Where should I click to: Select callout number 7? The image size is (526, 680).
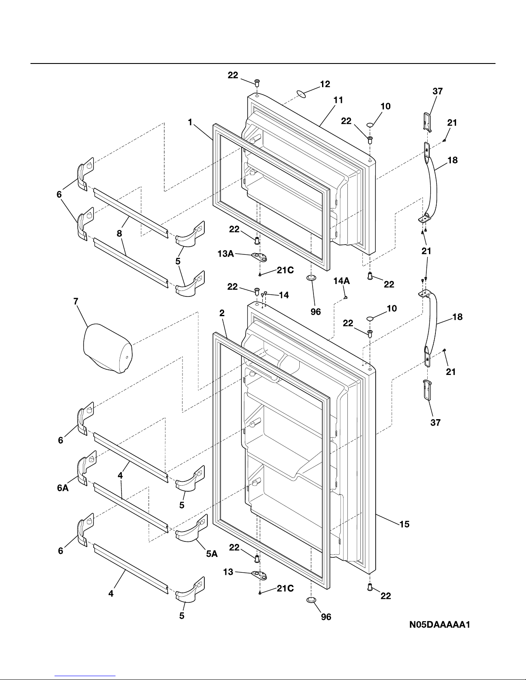[x=76, y=301]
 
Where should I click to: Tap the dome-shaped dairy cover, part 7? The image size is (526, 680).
[x=108, y=348]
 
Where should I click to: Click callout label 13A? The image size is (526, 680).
[x=226, y=254]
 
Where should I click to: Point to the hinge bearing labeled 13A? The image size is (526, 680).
[x=259, y=257]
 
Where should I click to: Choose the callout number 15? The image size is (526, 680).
[x=404, y=524]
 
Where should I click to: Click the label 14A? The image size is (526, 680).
[x=342, y=281]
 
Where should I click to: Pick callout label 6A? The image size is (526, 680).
[x=63, y=488]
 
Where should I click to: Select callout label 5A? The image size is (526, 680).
[x=212, y=554]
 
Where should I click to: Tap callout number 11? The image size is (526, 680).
[x=338, y=100]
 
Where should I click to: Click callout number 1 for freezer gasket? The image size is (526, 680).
[x=190, y=122]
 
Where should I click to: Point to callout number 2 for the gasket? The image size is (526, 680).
[x=222, y=313]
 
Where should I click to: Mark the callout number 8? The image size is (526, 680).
[x=119, y=233]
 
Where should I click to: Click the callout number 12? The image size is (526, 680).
[x=325, y=84]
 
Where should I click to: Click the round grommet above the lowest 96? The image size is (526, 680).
[x=311, y=600]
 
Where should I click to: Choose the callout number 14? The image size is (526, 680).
[x=284, y=295]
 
